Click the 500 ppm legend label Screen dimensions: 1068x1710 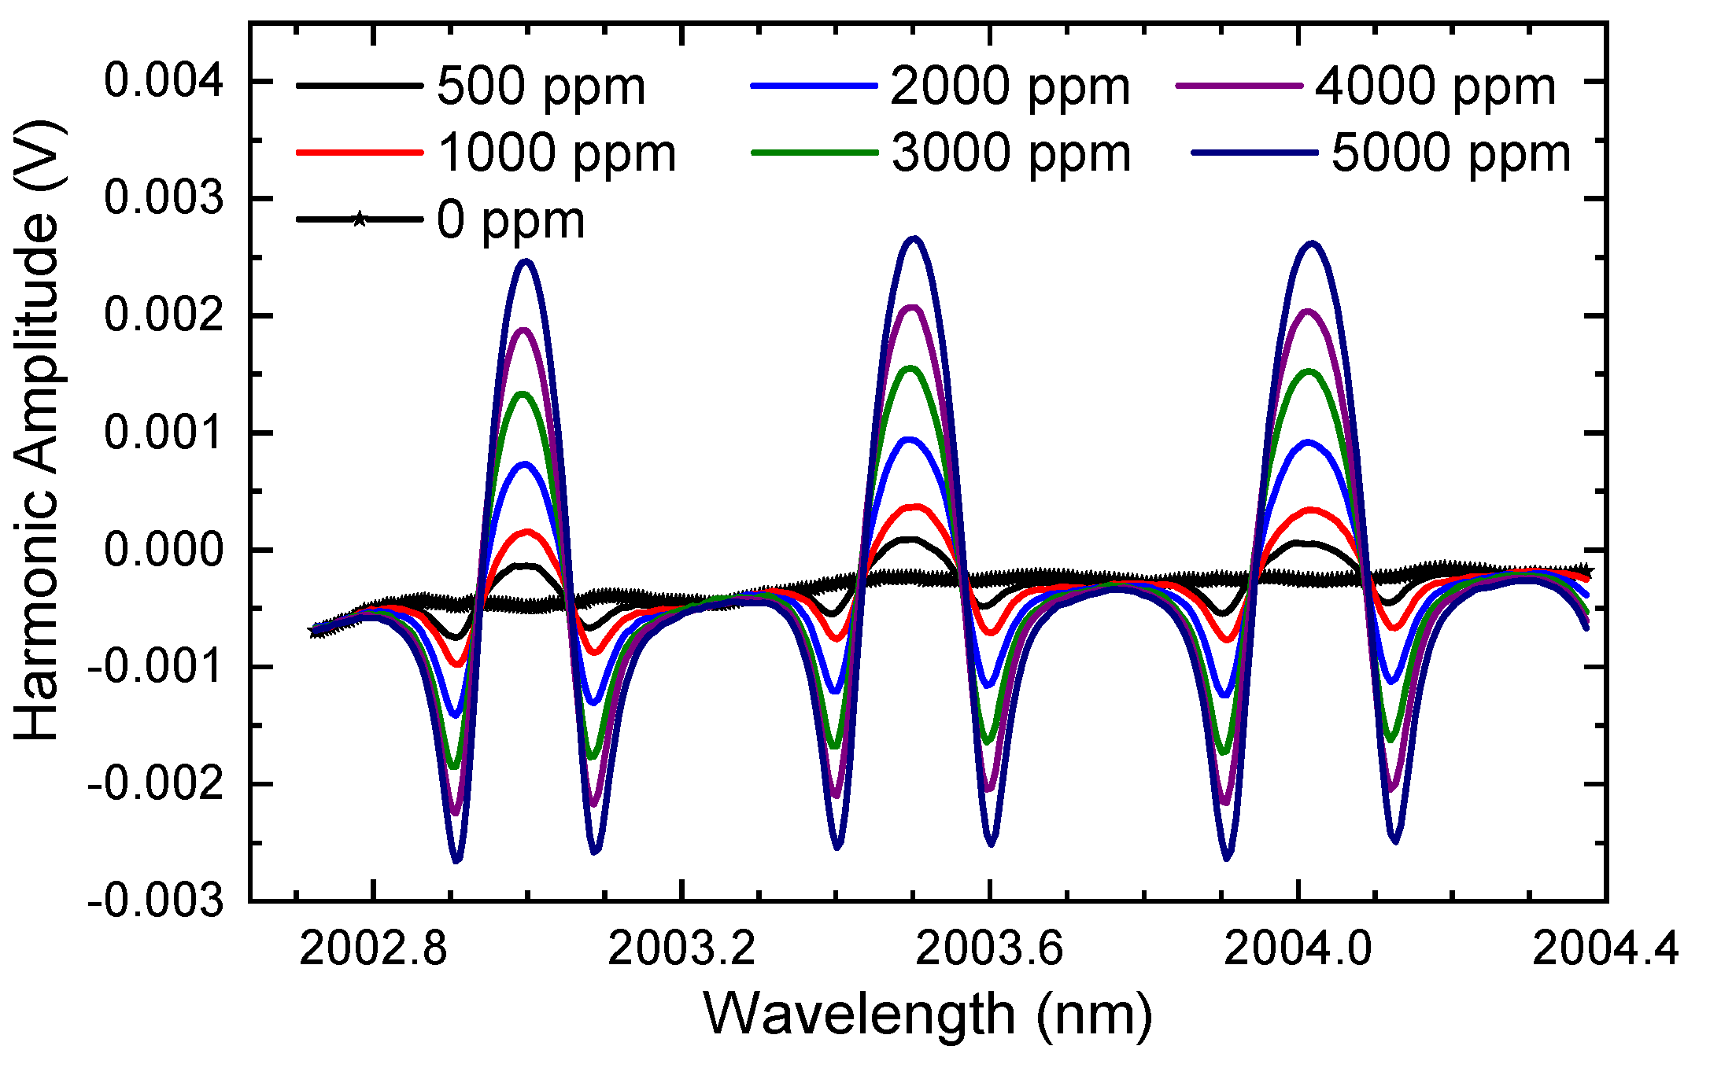coord(541,87)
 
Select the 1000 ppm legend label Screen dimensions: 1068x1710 coord(557,153)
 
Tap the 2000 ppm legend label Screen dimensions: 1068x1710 coord(1010,87)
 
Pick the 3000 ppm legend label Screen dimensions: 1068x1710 coord(1011,153)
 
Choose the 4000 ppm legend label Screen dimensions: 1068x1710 coord(1435,87)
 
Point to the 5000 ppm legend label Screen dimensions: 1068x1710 coord(1451,153)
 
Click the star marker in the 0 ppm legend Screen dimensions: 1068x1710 coord(359,219)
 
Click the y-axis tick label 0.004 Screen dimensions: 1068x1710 coord(164,81)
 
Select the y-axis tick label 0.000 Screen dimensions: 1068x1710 coord(164,550)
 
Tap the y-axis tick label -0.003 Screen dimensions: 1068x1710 coord(156,901)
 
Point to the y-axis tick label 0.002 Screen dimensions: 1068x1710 coord(164,315)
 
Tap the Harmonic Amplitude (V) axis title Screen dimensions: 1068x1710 coord(38,431)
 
